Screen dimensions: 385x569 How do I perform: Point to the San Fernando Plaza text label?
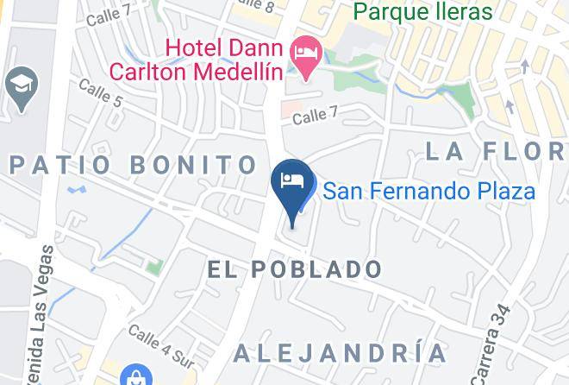pos(428,190)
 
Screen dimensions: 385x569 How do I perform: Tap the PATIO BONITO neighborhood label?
pos(133,164)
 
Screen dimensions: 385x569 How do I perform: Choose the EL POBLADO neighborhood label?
pos(295,269)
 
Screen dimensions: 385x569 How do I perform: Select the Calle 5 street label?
pos(100,92)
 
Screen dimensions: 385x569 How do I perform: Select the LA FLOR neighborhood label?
pos(496,152)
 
